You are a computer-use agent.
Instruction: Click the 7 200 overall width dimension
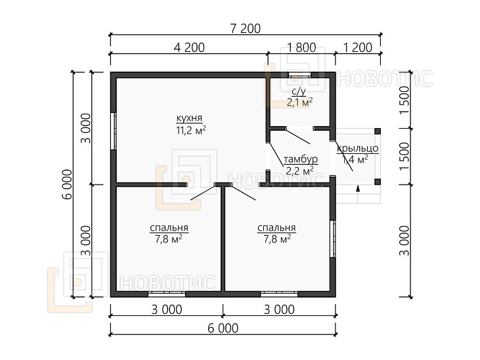[x=245, y=28]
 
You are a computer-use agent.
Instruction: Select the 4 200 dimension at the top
[x=189, y=47]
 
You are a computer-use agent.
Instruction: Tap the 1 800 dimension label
[x=301, y=47]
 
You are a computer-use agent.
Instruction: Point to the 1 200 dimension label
[x=358, y=47]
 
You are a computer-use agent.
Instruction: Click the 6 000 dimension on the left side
[x=68, y=184]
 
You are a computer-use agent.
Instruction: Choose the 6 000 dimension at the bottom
[x=223, y=328]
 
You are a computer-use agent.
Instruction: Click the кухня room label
[x=190, y=118]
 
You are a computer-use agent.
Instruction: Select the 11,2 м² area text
[x=190, y=130]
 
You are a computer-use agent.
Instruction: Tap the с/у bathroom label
[x=299, y=91]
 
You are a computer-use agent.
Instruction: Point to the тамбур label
[x=301, y=160]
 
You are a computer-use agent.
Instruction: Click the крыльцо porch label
[x=358, y=148]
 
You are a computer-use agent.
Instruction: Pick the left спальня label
[x=169, y=228]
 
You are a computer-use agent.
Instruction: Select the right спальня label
[x=276, y=228]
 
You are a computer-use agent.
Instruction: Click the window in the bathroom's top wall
[x=300, y=75]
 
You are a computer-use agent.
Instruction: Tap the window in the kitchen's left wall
[x=113, y=131]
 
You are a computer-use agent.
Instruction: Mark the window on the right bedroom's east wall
[x=333, y=239]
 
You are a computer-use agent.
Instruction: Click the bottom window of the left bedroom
[x=167, y=294]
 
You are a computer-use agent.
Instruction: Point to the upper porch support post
[x=378, y=131]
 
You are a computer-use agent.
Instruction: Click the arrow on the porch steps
[x=358, y=189]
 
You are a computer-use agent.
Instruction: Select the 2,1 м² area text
[x=299, y=102]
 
